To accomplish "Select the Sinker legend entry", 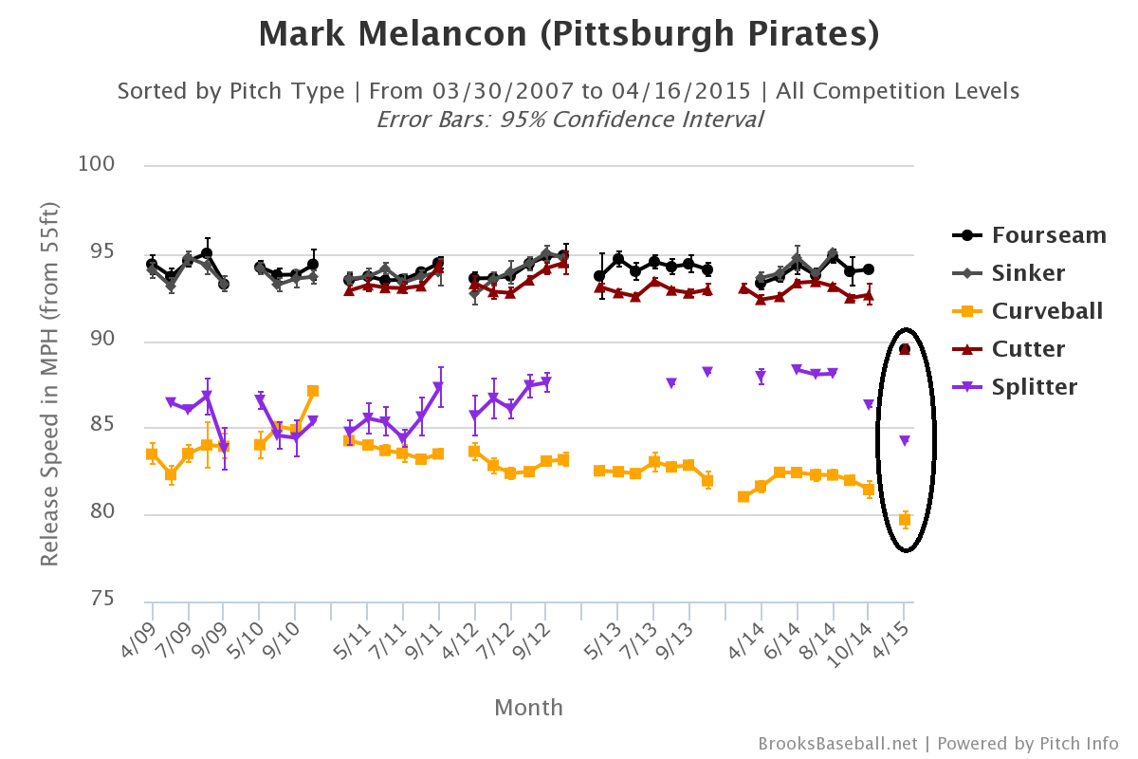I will [x=1028, y=273].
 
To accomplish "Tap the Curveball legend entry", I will [x=1047, y=311].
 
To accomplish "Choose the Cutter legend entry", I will [x=1028, y=349].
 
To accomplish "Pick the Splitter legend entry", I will [x=1034, y=387].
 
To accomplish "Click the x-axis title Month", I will [x=528, y=708].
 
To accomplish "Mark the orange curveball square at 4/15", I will [x=905, y=519].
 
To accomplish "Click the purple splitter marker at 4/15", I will [x=905, y=441].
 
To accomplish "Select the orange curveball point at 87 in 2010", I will [x=313, y=391].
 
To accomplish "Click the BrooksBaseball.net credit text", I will [x=837, y=744].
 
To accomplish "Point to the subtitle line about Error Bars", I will [x=569, y=120].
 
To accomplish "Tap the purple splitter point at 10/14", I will [x=869, y=405].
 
